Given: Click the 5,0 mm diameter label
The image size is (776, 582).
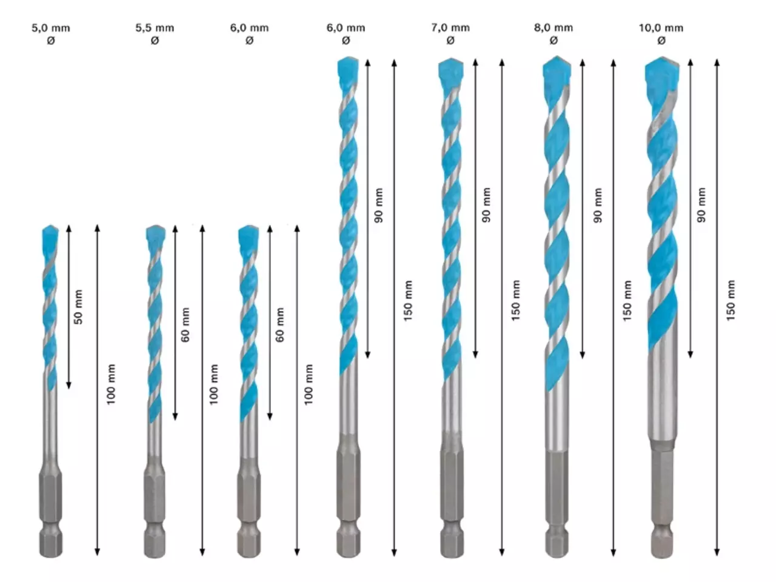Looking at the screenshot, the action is pos(51,28).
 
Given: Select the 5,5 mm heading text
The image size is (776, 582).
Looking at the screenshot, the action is pos(155,28).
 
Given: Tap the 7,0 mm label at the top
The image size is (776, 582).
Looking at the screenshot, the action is pos(450,27).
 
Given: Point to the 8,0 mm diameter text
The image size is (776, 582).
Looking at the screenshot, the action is pos(554,27).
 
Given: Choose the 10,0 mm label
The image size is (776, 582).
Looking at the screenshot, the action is pos(661,28).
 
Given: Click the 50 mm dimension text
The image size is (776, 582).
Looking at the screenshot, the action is pos(78,307).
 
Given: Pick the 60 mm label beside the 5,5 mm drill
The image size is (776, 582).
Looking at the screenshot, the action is pos(186,324).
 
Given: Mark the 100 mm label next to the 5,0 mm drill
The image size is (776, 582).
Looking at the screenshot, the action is pos(111,384).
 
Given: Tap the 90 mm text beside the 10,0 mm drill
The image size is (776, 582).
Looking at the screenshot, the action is pos(701,205).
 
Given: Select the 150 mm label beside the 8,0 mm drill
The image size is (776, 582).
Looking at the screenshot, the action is pos(627,301).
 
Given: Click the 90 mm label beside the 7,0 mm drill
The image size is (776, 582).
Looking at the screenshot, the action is pos(486,205).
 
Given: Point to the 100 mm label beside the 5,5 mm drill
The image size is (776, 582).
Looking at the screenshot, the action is pos(213,384).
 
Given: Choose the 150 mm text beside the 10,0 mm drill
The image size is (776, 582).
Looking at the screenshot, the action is pos(731,301).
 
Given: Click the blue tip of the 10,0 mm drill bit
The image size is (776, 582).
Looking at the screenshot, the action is pos(662,71).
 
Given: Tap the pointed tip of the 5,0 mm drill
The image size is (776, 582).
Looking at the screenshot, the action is pos(50,225).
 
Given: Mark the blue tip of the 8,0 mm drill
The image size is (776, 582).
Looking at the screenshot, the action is pos(557,70).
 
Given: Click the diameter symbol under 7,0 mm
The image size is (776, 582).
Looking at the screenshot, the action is pos(450,41).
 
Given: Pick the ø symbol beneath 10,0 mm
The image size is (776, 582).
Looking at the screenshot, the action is pos(661,41).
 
